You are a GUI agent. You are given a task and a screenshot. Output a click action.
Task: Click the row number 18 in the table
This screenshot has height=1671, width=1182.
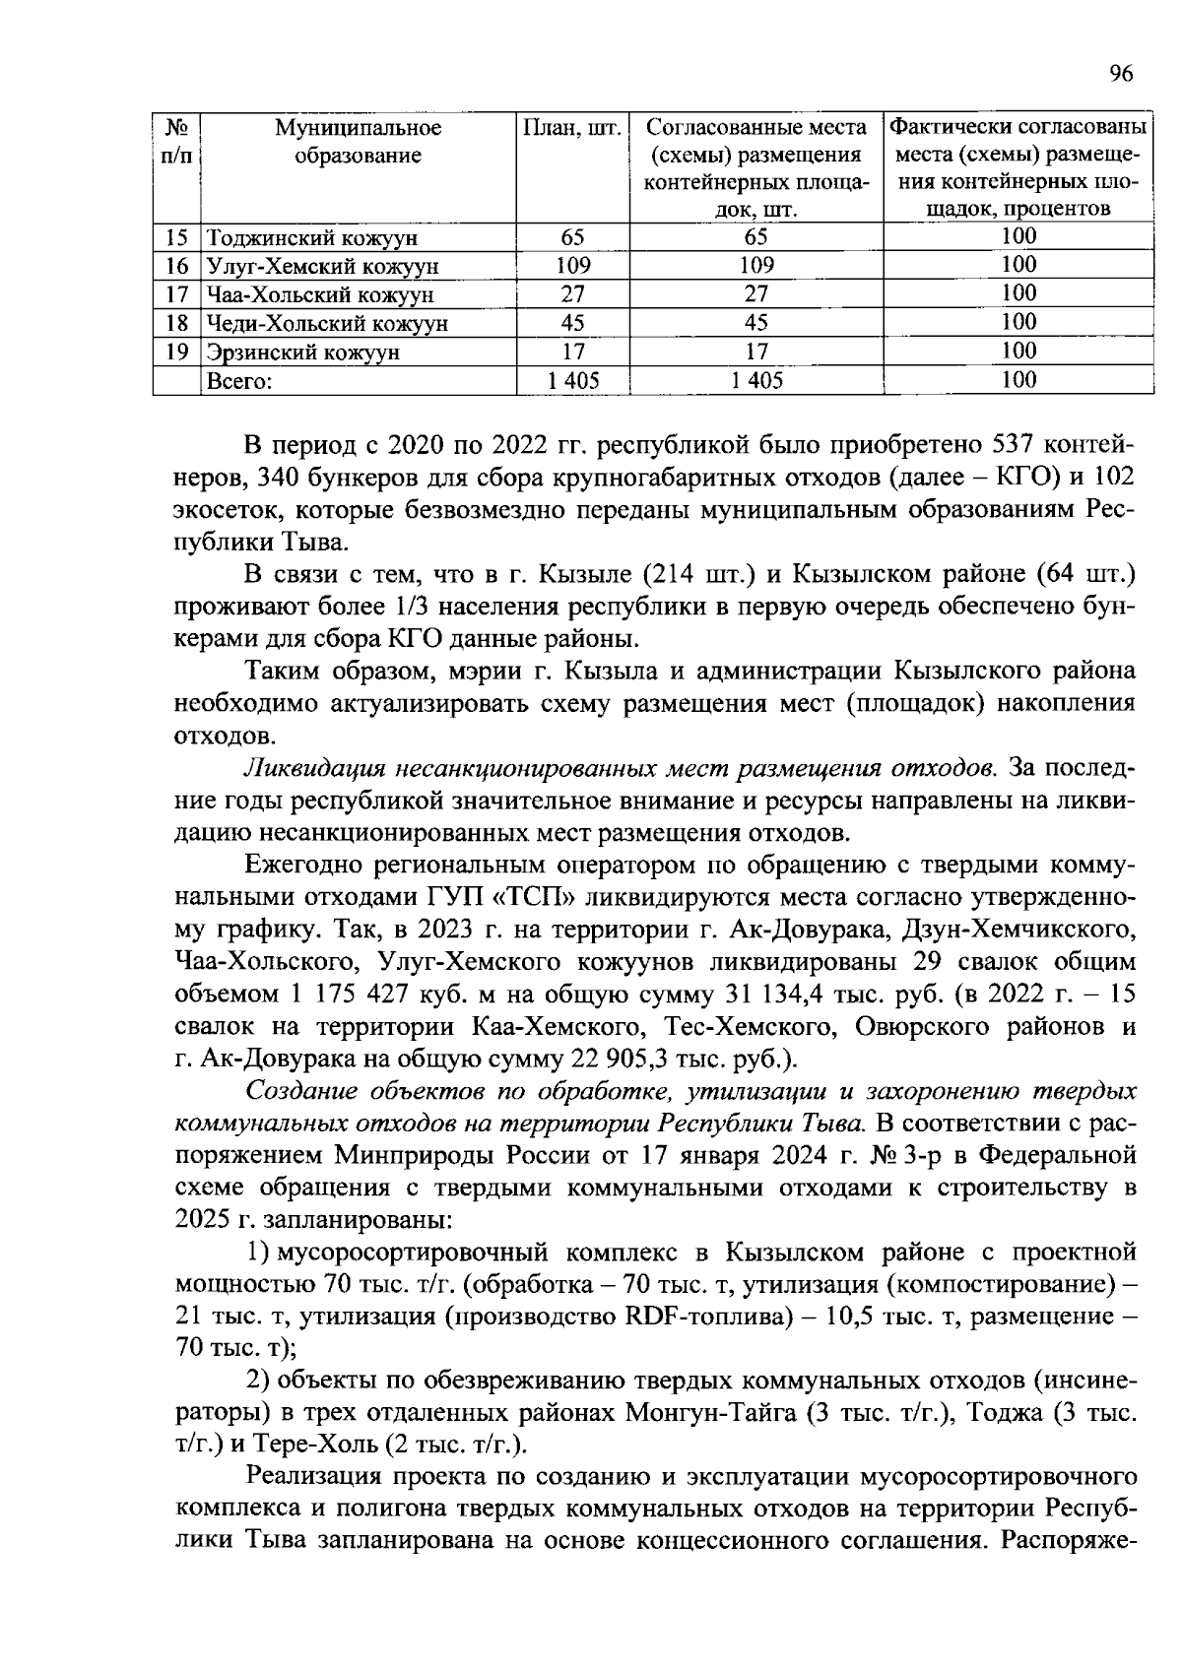(x=176, y=323)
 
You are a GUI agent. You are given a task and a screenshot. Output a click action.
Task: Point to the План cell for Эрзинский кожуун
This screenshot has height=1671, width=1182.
(x=572, y=352)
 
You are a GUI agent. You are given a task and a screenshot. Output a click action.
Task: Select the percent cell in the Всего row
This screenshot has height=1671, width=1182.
(x=1018, y=380)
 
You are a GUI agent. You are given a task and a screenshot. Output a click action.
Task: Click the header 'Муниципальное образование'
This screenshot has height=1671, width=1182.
(x=359, y=142)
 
